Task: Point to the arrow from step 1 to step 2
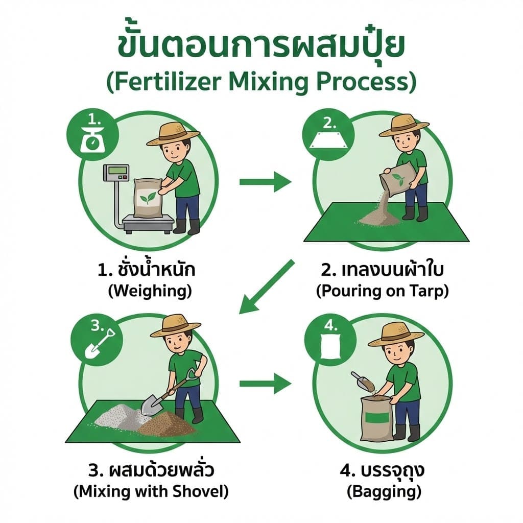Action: [265, 181]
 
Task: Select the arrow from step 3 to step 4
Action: [265, 383]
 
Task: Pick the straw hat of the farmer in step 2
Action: [403, 125]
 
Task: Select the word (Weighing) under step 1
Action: [150, 292]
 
